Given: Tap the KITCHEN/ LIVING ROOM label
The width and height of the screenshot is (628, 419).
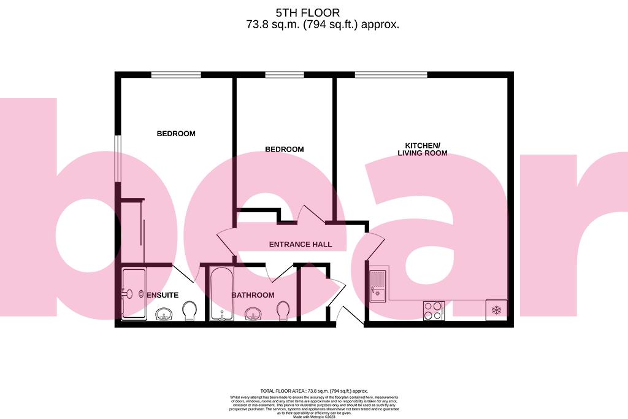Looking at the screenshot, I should point(422,149).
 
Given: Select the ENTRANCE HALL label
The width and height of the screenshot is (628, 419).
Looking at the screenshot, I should point(301,244).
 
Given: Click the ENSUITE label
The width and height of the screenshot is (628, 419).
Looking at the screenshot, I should point(162,295).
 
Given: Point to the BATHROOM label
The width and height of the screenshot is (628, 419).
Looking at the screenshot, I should point(253,295).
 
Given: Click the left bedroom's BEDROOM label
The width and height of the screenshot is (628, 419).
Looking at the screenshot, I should point(176,134).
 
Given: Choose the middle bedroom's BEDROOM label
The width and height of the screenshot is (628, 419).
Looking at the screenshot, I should point(284,149).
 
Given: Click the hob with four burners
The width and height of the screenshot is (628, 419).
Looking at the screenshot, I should point(434,310).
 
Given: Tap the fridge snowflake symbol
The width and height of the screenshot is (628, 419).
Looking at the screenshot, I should point(496,310).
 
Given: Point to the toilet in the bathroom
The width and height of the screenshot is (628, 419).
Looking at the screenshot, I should point(283,311).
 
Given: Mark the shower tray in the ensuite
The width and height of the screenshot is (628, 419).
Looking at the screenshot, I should point(134,294).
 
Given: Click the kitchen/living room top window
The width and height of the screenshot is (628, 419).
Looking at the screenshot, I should point(391,75).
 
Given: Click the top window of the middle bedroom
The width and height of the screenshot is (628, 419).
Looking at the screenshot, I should point(284,75).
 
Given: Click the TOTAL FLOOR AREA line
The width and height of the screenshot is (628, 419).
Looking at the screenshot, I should point(313,391).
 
